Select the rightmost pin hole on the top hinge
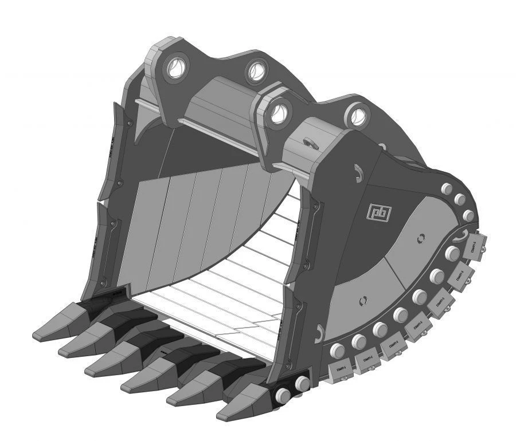[x=357, y=115]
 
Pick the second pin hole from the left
[x=256, y=71]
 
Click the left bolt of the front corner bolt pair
[x=283, y=395]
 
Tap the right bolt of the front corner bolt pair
[x=302, y=384]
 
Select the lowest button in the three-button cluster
[x=468, y=216]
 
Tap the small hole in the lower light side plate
[x=362, y=300]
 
